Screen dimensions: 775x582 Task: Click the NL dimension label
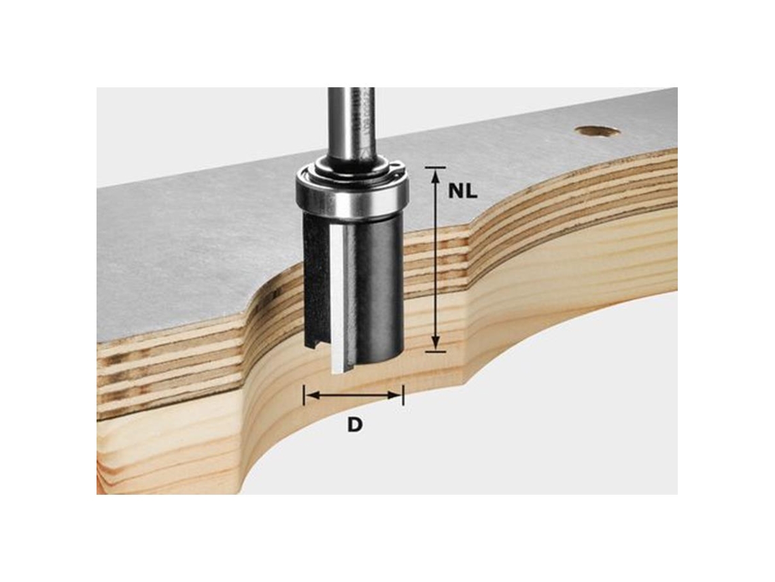(463, 191)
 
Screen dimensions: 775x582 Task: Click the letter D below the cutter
(354, 424)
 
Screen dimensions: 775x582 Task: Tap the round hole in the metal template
(598, 131)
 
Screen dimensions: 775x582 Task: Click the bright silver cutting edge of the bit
(339, 297)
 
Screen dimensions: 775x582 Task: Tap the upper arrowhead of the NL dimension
(436, 176)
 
